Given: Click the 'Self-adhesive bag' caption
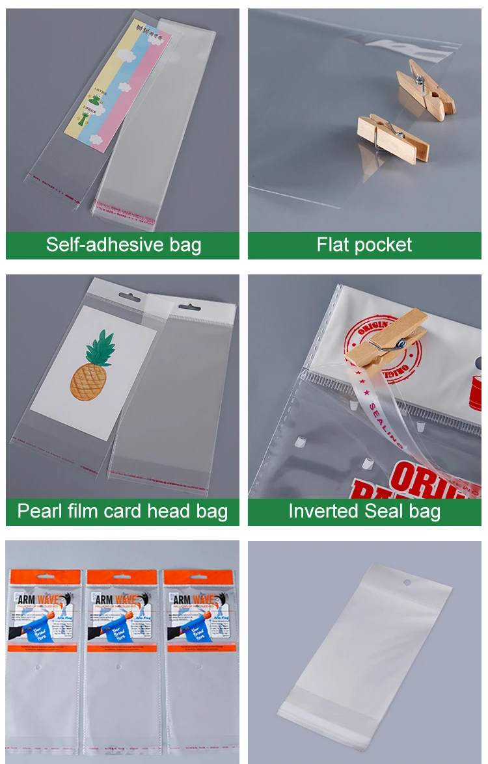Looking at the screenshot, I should click(123, 245).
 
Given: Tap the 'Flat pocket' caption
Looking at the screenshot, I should click(364, 245).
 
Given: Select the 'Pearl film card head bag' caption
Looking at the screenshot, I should click(123, 511).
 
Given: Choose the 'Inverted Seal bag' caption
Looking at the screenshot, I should click(364, 511).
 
